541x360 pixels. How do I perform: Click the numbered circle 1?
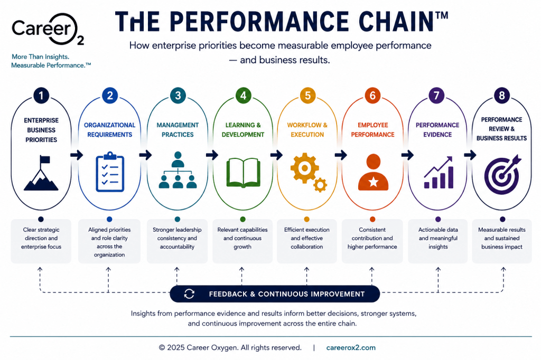click(41, 96)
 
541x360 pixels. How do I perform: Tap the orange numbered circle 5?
click(307, 96)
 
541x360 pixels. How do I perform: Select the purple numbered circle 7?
click(436, 96)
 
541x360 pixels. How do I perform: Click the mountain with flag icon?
click(41, 173)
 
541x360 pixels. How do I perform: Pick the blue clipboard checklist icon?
click(110, 172)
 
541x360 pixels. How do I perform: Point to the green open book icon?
click(243, 173)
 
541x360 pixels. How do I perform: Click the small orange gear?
click(320, 185)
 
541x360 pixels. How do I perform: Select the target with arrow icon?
click(503, 175)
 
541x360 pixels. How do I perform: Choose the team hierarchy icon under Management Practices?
click(178, 170)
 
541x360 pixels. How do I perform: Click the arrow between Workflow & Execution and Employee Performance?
click(341, 155)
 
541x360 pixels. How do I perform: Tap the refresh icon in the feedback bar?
click(189, 294)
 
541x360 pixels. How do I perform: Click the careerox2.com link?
click(351, 347)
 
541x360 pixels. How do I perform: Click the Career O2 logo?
click(48, 30)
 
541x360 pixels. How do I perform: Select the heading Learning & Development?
click(243, 130)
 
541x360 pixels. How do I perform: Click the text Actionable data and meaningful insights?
click(438, 238)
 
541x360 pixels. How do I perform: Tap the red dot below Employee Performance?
click(372, 219)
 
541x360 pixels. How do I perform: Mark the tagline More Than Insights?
click(40, 56)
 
